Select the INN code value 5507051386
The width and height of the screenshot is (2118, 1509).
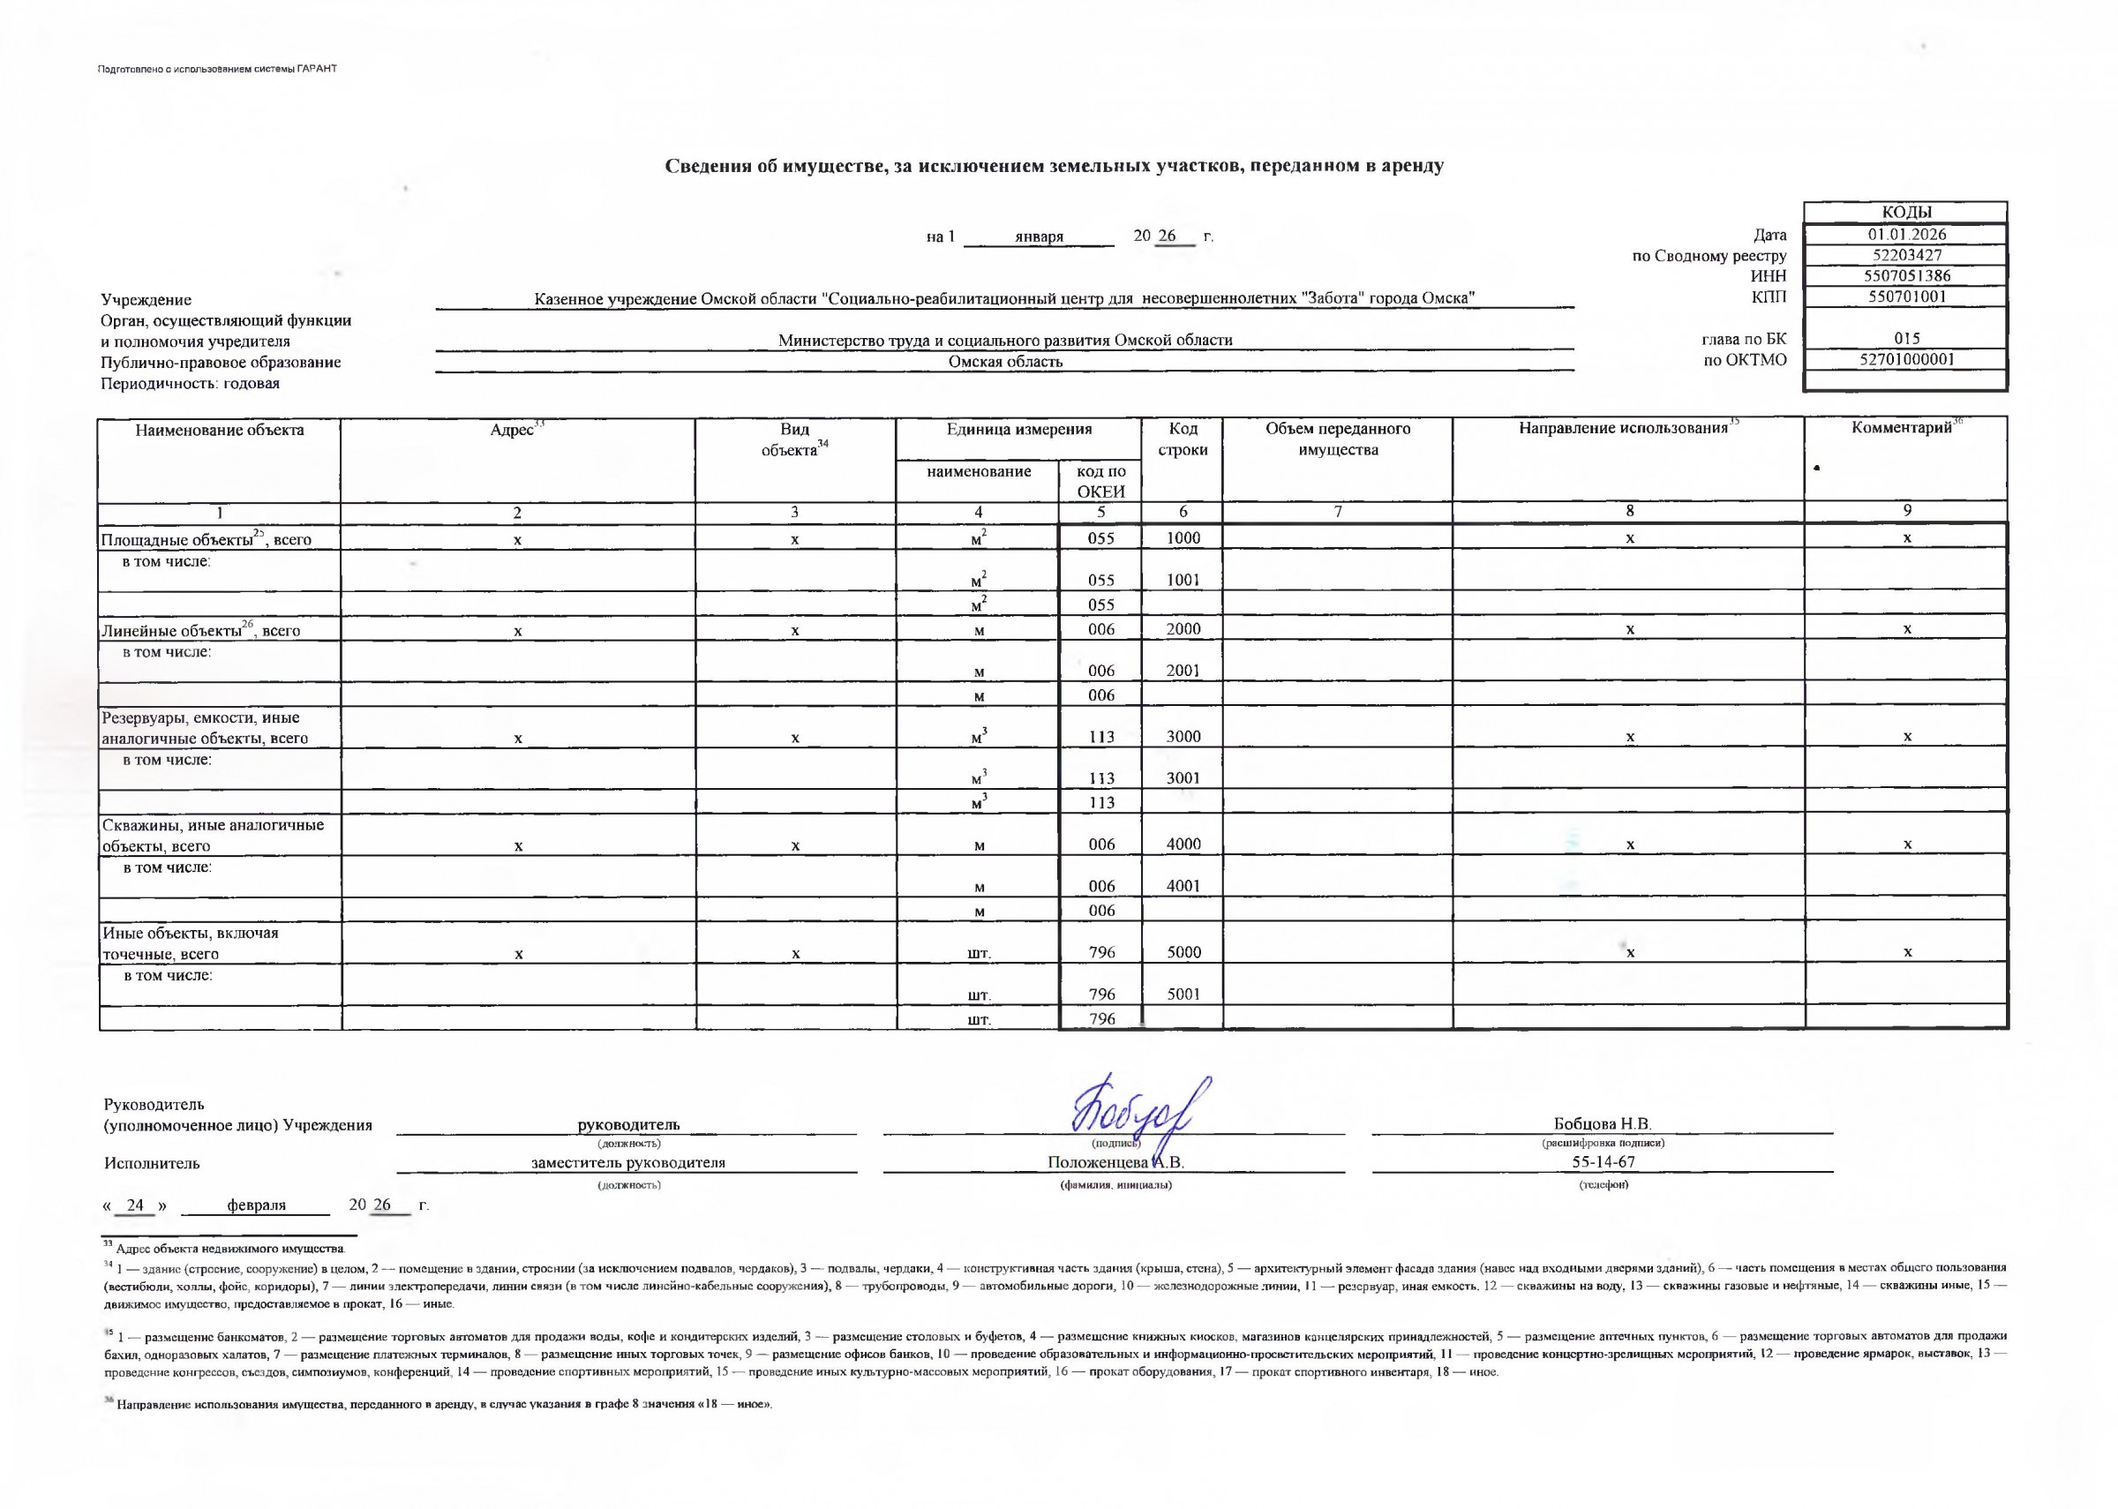[x=1905, y=276]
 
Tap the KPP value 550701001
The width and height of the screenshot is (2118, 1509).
[x=1905, y=297]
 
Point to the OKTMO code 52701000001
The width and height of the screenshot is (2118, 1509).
[x=1905, y=359]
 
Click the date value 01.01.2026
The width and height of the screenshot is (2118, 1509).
[x=1905, y=235]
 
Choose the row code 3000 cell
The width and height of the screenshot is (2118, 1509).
[x=1183, y=737]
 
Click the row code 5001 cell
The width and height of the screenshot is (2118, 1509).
[x=1183, y=995]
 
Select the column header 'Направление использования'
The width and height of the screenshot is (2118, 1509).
[x=1623, y=429]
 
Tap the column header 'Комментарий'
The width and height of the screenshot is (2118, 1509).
[x=1901, y=428]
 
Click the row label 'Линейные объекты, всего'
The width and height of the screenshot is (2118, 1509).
[x=200, y=631]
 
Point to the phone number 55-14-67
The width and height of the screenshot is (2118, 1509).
[x=1604, y=1162]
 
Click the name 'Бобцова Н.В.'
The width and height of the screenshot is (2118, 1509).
[x=1603, y=1124]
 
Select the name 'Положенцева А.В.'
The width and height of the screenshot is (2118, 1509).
[x=1115, y=1162]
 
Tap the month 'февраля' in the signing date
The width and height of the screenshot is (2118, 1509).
[x=257, y=1205]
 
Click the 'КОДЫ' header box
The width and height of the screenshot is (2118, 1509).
[x=1905, y=213]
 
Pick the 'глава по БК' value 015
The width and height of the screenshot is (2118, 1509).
[x=1905, y=339]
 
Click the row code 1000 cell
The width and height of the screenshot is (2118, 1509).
[x=1183, y=538]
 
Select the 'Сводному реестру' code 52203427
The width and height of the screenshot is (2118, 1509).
[x=1905, y=256]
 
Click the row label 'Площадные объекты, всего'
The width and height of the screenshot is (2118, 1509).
[x=207, y=540]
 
